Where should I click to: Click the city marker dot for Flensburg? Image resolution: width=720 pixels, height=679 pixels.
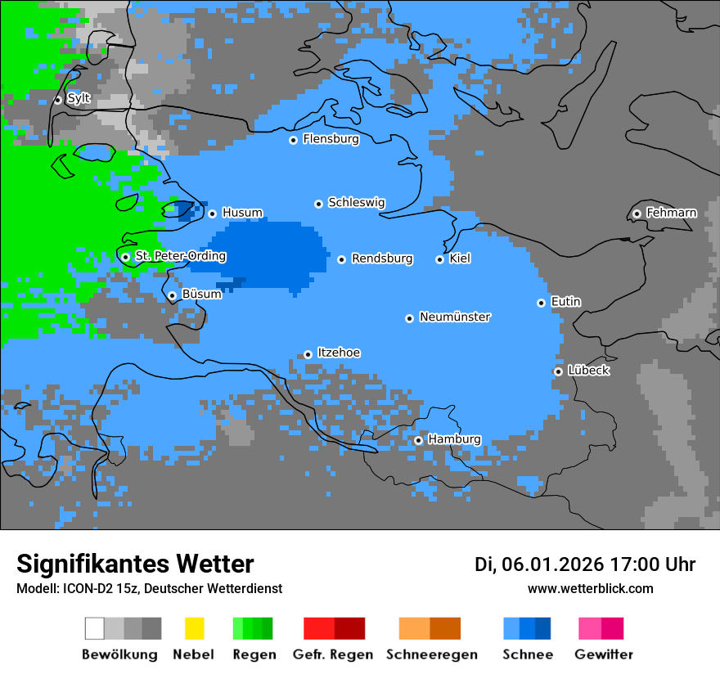coord(293,140)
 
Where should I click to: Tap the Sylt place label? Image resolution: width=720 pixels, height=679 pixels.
coord(79,98)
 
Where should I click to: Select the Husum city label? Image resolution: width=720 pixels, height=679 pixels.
coord(242,213)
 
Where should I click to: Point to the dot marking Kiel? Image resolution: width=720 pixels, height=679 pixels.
coord(439,259)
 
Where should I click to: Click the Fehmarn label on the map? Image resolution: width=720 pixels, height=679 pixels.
coord(671,213)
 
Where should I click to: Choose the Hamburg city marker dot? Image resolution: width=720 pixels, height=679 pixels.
coord(418,440)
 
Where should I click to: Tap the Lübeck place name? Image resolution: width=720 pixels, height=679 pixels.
coord(588,371)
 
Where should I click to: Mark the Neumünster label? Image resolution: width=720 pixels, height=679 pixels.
coord(455,317)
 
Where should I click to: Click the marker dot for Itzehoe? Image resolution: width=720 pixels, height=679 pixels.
coord(308,354)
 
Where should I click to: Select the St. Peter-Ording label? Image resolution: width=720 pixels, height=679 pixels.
coord(180,256)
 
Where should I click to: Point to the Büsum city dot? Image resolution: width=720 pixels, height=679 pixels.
coord(172,295)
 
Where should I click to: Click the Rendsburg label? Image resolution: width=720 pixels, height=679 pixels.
coord(382,259)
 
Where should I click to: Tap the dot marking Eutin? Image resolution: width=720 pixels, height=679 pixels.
coord(541,303)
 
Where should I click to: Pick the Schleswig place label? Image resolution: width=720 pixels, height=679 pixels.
coord(356,202)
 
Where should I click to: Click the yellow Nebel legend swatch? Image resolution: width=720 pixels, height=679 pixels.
coord(194,628)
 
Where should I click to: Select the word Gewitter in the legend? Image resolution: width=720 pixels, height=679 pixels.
coord(603,654)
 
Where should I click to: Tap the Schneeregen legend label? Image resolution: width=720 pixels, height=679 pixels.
coord(431,654)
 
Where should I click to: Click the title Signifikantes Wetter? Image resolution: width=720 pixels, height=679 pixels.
coord(135,564)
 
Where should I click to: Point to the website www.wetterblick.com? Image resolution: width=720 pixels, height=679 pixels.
coord(590,588)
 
